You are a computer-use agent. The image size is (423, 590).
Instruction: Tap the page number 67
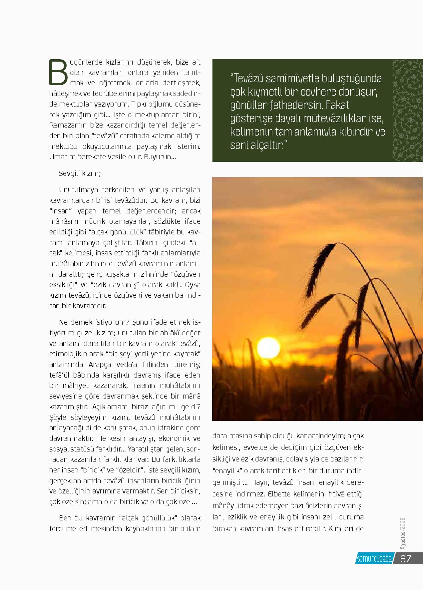click(x=406, y=558)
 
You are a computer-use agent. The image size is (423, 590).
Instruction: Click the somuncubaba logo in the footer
click(x=374, y=559)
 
